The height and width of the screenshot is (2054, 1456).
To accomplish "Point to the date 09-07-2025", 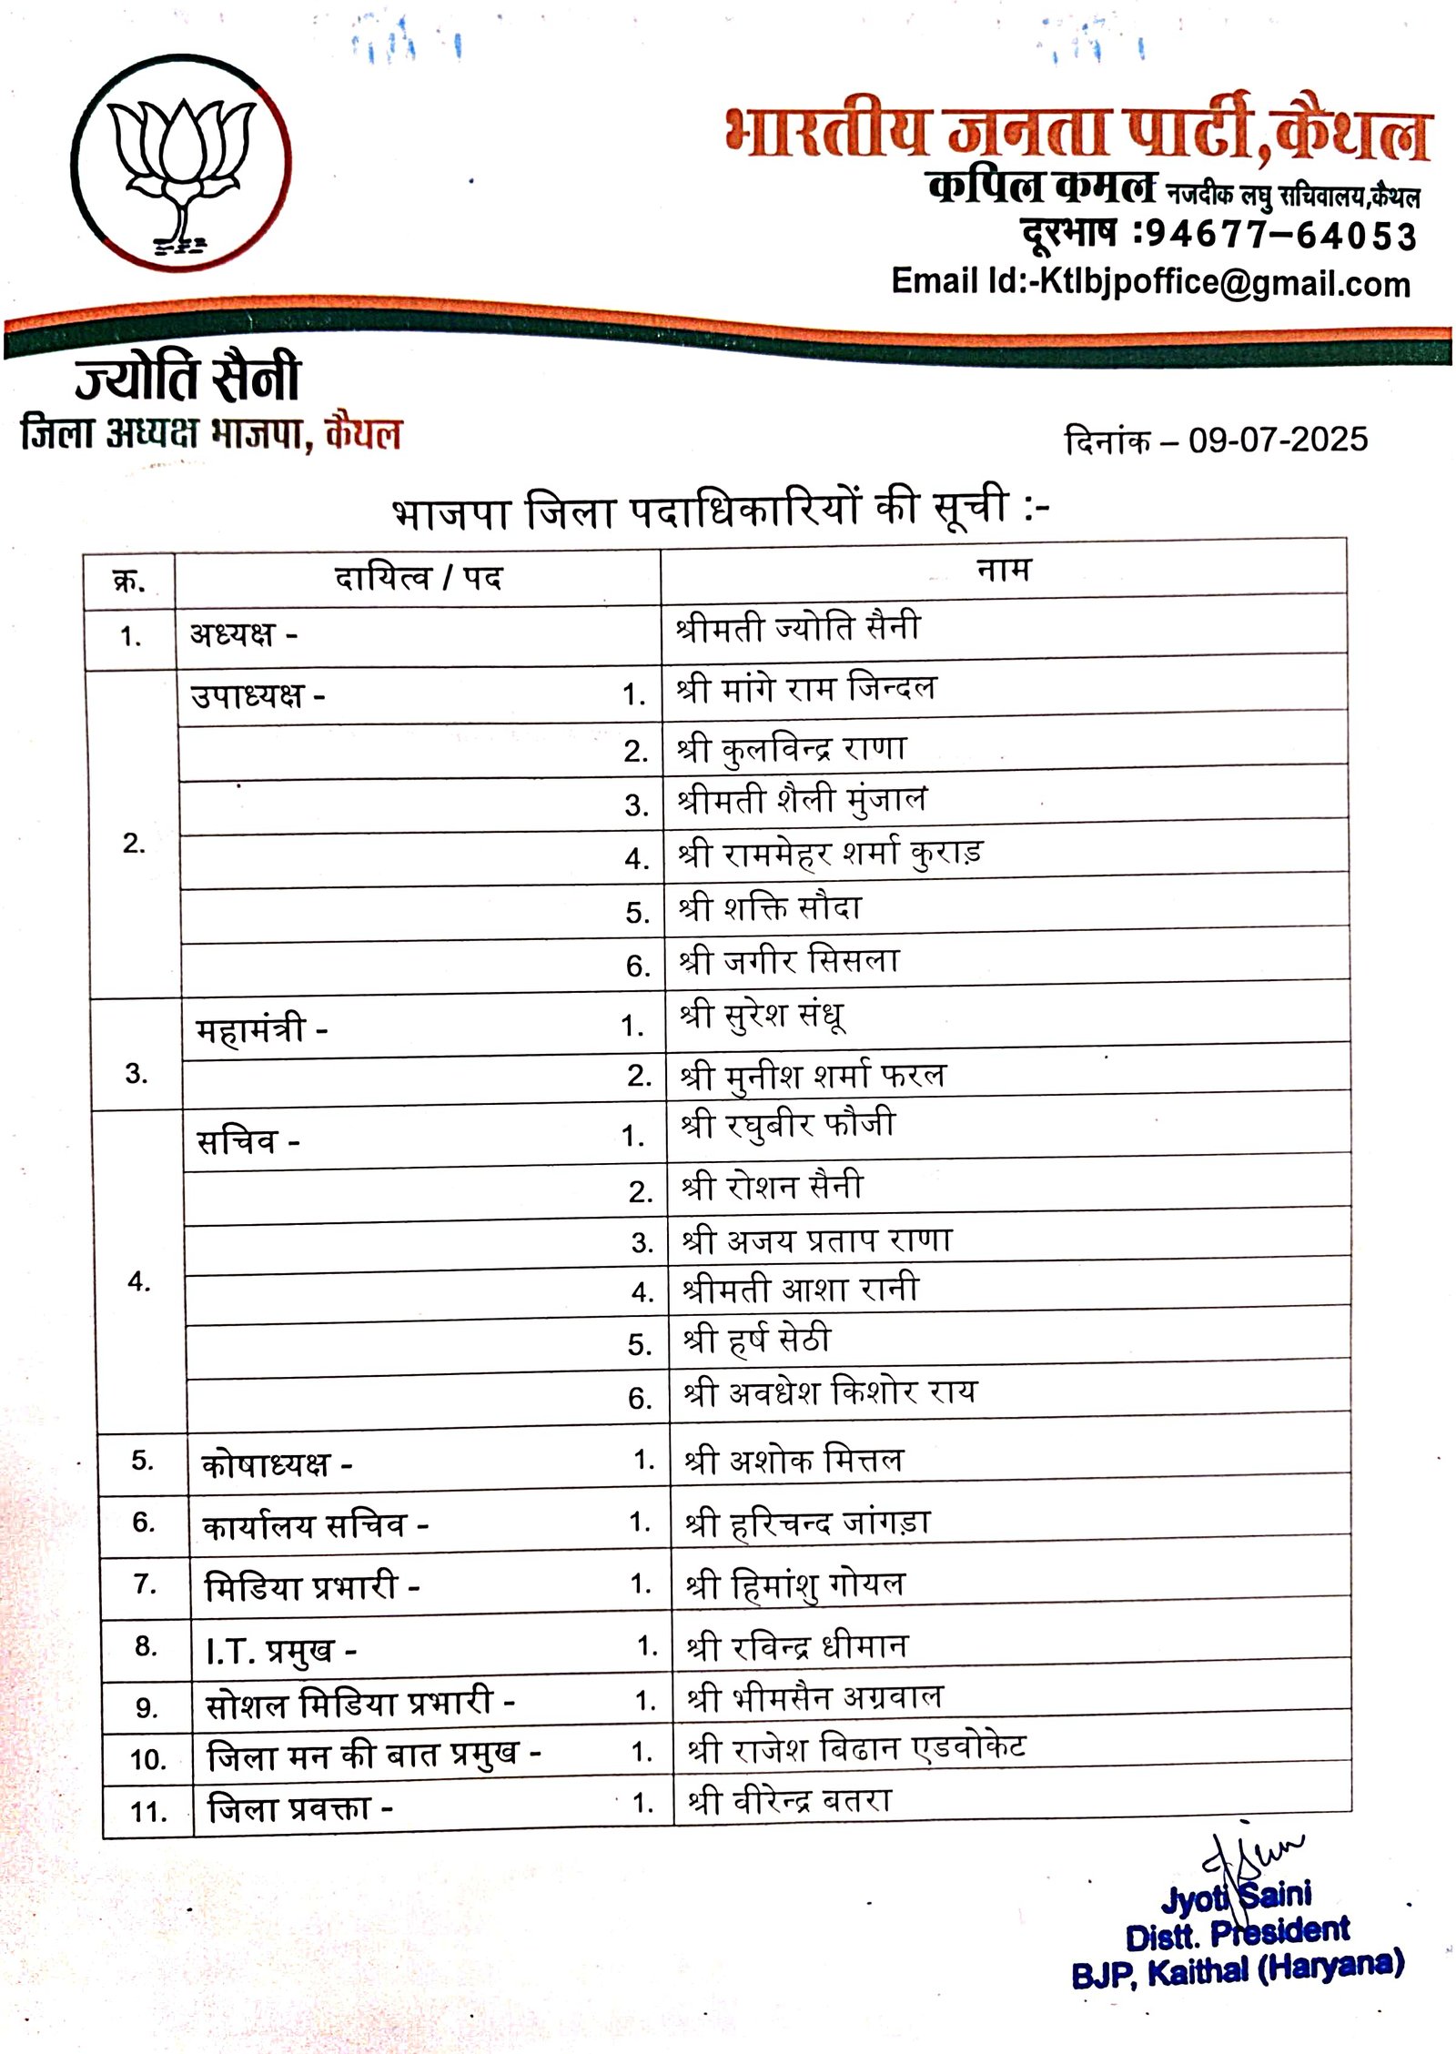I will click(1278, 440).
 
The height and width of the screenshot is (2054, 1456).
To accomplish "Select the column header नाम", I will click(1004, 570).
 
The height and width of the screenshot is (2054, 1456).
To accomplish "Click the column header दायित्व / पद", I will click(418, 578).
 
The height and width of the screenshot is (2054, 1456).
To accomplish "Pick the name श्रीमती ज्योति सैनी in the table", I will click(798, 628).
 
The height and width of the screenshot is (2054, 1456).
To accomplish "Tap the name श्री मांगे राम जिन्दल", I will click(806, 688).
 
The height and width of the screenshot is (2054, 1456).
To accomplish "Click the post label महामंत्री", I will click(251, 1030).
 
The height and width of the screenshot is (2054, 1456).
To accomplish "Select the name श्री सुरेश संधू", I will click(763, 1016).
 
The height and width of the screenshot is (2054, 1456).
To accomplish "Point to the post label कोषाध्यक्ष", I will click(266, 1464).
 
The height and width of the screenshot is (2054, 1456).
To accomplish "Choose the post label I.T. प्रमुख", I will click(270, 1650).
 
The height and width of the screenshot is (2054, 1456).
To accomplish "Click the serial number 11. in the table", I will click(148, 1811).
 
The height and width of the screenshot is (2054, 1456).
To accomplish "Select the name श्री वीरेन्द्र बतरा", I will click(790, 1800).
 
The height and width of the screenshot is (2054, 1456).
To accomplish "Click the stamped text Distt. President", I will click(1238, 1934).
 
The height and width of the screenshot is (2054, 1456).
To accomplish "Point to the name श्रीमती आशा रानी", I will click(801, 1290).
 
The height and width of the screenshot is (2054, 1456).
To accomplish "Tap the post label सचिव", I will click(238, 1141).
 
